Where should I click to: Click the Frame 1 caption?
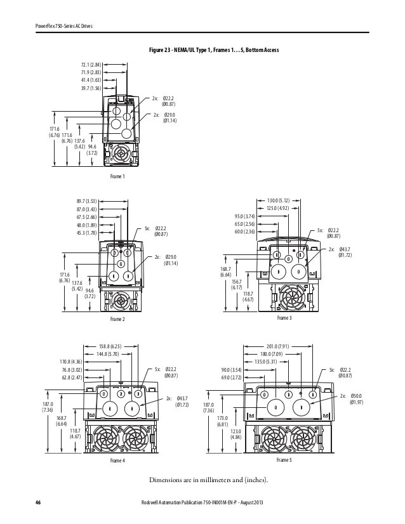[117, 176]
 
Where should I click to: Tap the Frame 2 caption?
[117, 318]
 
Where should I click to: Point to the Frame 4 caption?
[118, 459]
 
